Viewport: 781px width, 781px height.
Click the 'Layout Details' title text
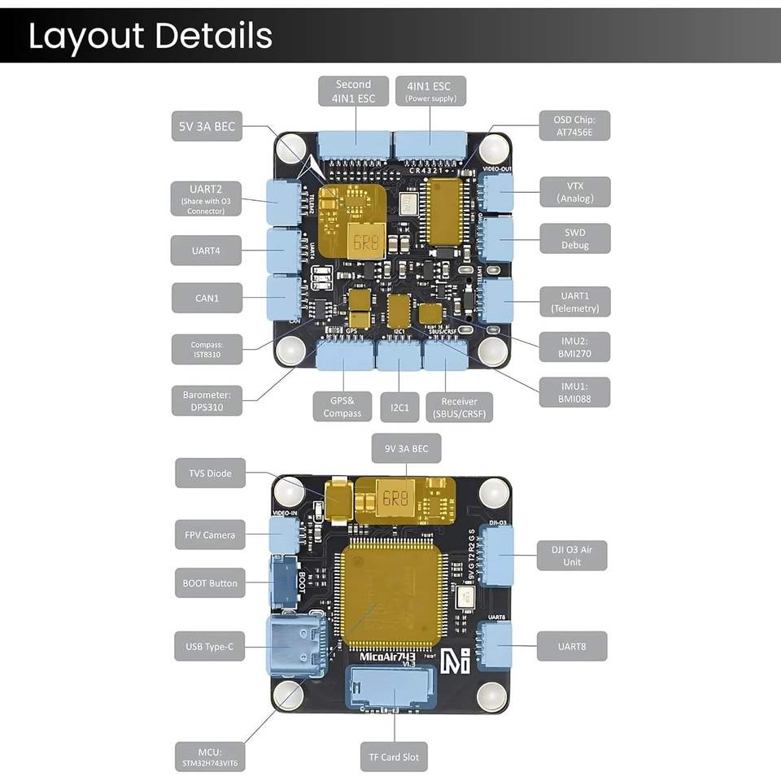click(151, 36)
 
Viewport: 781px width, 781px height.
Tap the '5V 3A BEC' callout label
click(207, 126)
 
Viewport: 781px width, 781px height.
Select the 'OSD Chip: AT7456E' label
click(574, 126)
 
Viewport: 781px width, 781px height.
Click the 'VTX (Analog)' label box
click(574, 192)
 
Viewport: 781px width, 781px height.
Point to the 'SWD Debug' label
click(574, 239)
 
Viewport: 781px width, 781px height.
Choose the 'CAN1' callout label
click(207, 298)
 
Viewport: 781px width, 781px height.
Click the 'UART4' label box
click(207, 251)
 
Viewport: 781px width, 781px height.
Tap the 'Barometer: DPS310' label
click(207, 401)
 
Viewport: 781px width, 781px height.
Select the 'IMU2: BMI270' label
click(574, 346)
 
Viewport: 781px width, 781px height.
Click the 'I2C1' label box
click(399, 407)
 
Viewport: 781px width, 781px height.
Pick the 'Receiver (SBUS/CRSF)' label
click(459, 407)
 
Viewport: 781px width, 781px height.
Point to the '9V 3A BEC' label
click(406, 448)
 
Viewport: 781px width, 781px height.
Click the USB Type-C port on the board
click(297, 644)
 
